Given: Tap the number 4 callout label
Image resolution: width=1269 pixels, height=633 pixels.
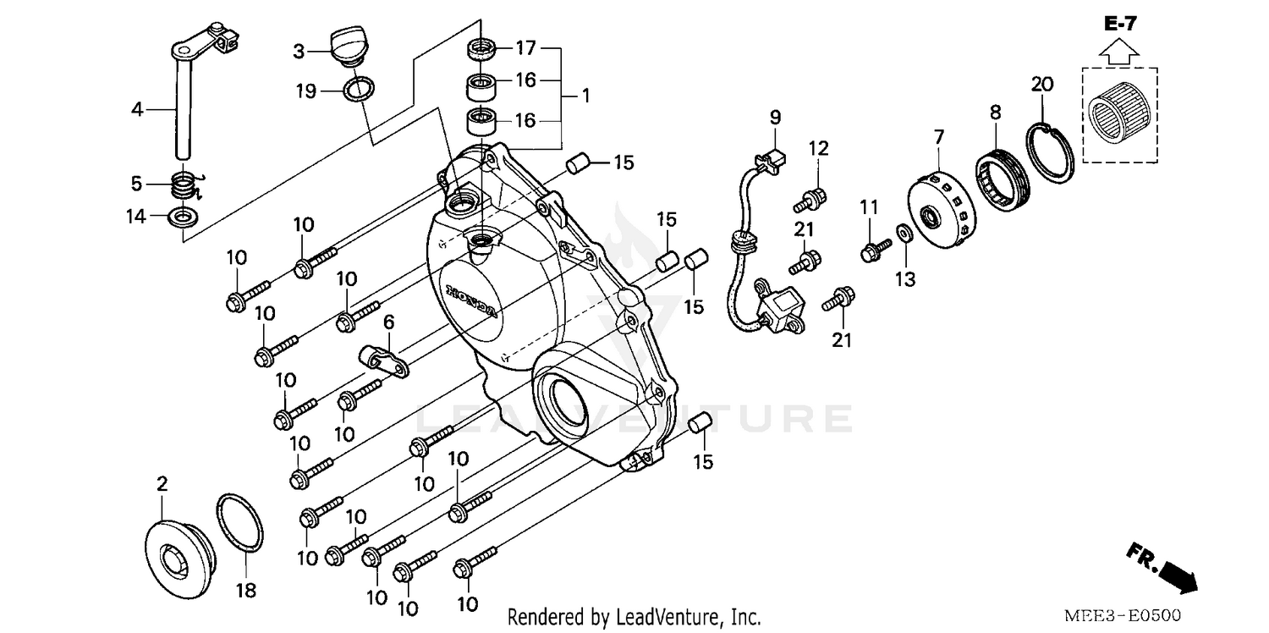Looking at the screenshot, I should pos(137,109).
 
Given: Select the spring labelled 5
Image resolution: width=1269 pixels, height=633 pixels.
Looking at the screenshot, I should pos(184,184).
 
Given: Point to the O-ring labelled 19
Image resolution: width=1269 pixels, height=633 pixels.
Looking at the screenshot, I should pos(360,89).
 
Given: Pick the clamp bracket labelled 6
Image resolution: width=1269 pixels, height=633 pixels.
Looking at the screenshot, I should pos(386,359).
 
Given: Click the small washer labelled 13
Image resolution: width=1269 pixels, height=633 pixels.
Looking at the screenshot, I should pos(903,234).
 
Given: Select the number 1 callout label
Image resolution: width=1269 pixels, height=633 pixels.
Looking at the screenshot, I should pos(585,96).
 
